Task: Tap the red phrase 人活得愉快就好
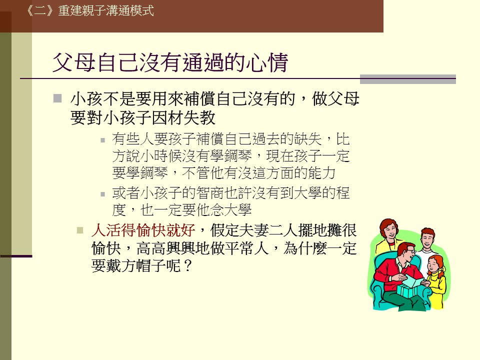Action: (x=143, y=230)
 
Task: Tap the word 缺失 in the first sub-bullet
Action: (x=307, y=139)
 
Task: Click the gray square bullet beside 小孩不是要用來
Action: (x=57, y=98)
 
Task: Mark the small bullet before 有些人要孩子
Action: (x=103, y=140)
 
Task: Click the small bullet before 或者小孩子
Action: (x=103, y=194)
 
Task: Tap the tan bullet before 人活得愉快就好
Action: (x=80, y=230)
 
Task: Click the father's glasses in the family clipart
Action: (x=409, y=251)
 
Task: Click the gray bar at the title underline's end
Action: (x=408, y=79)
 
